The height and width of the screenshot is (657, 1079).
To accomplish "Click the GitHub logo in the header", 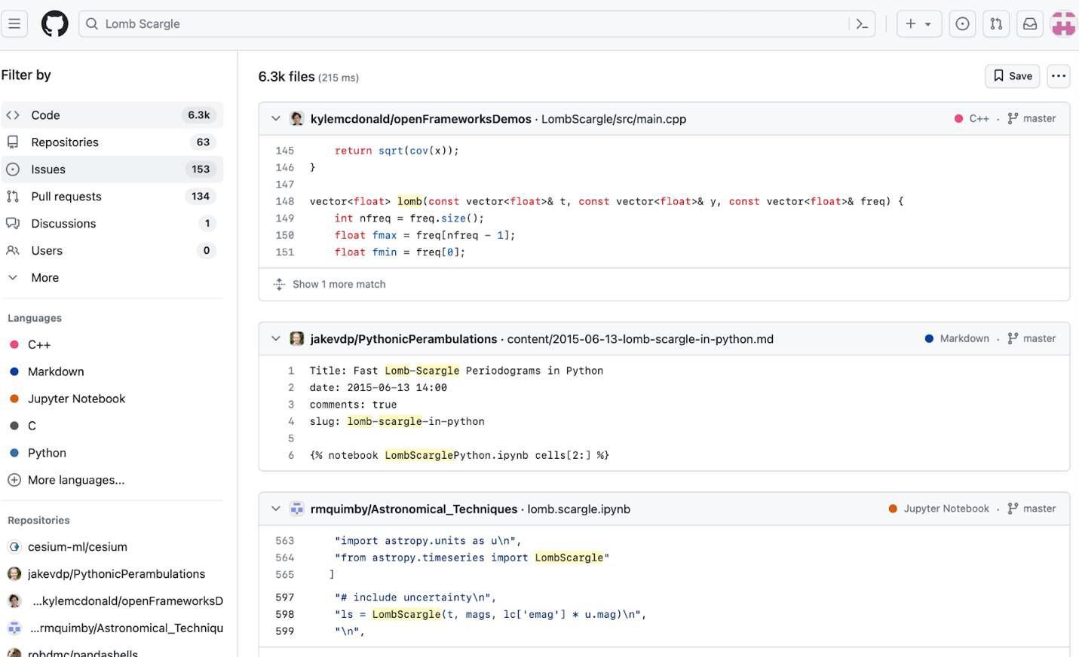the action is point(54,23).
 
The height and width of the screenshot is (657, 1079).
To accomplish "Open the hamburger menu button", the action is point(14,23).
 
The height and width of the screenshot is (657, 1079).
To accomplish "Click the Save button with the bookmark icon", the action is point(1012,76).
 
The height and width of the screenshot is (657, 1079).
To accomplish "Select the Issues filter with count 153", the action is point(112,170).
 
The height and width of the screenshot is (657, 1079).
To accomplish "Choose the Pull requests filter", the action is point(112,197).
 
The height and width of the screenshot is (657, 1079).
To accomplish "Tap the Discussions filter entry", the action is point(112,223).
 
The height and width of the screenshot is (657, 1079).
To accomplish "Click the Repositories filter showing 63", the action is point(112,142).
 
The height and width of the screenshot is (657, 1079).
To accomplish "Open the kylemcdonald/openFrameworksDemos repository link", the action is point(421,119).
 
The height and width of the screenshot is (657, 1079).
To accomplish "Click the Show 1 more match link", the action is point(339,284).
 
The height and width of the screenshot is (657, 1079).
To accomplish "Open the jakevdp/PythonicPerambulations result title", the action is point(403,339).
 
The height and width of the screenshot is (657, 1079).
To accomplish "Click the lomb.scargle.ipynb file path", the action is point(578,509).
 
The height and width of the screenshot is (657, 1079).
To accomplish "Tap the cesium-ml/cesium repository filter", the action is point(77,547).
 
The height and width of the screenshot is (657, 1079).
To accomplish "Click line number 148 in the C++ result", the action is point(285,201).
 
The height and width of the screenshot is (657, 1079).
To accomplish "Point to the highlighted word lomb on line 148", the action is point(409,201).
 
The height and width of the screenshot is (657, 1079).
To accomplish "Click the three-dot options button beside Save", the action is point(1059,76).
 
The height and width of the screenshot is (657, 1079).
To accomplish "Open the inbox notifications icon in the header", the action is point(1029,23).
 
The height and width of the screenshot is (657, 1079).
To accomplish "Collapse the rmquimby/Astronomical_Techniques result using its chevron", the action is point(275,509).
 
